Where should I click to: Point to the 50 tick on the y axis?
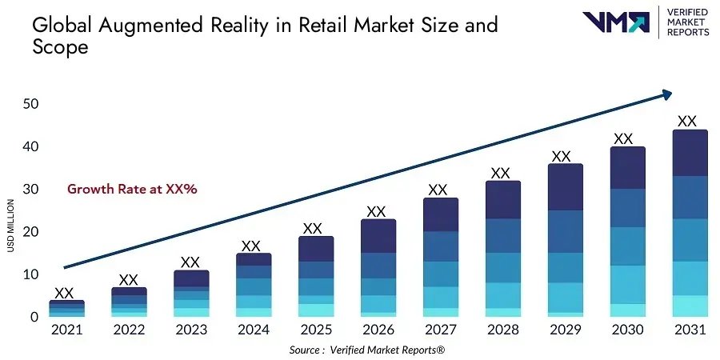(31, 104)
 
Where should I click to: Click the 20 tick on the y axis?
(31, 232)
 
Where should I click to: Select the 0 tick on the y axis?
(34, 318)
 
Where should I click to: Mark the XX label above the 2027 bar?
(438, 190)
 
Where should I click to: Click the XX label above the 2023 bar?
(190, 262)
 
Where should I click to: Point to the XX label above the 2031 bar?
(687, 122)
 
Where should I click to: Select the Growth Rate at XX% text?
(132, 190)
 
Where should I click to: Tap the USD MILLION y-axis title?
(10, 226)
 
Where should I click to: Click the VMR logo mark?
(616, 22)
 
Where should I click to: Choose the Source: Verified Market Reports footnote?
(366, 350)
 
